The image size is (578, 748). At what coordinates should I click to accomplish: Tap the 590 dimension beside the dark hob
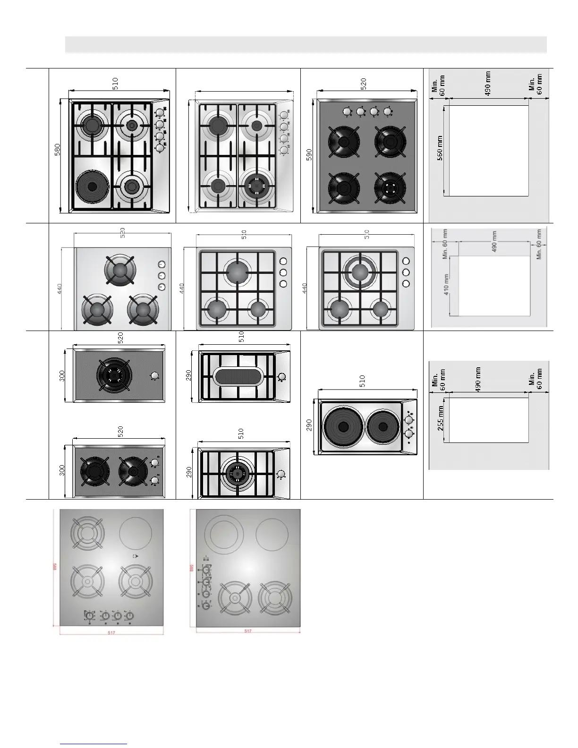[309, 155]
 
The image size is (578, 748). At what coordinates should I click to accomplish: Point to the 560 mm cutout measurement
[440, 148]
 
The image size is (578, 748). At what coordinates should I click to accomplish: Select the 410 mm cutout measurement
[446, 285]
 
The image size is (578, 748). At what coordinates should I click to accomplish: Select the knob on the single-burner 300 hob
[154, 376]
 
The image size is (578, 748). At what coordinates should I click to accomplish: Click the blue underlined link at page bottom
[94, 743]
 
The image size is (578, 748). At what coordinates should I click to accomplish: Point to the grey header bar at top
[306, 44]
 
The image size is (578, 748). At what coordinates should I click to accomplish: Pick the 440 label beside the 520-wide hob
[60, 289]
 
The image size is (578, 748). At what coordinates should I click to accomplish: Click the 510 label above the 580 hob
[116, 84]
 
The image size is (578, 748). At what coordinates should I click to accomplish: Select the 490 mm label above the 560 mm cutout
[488, 83]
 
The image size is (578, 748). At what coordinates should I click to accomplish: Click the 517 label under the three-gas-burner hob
[110, 632]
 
